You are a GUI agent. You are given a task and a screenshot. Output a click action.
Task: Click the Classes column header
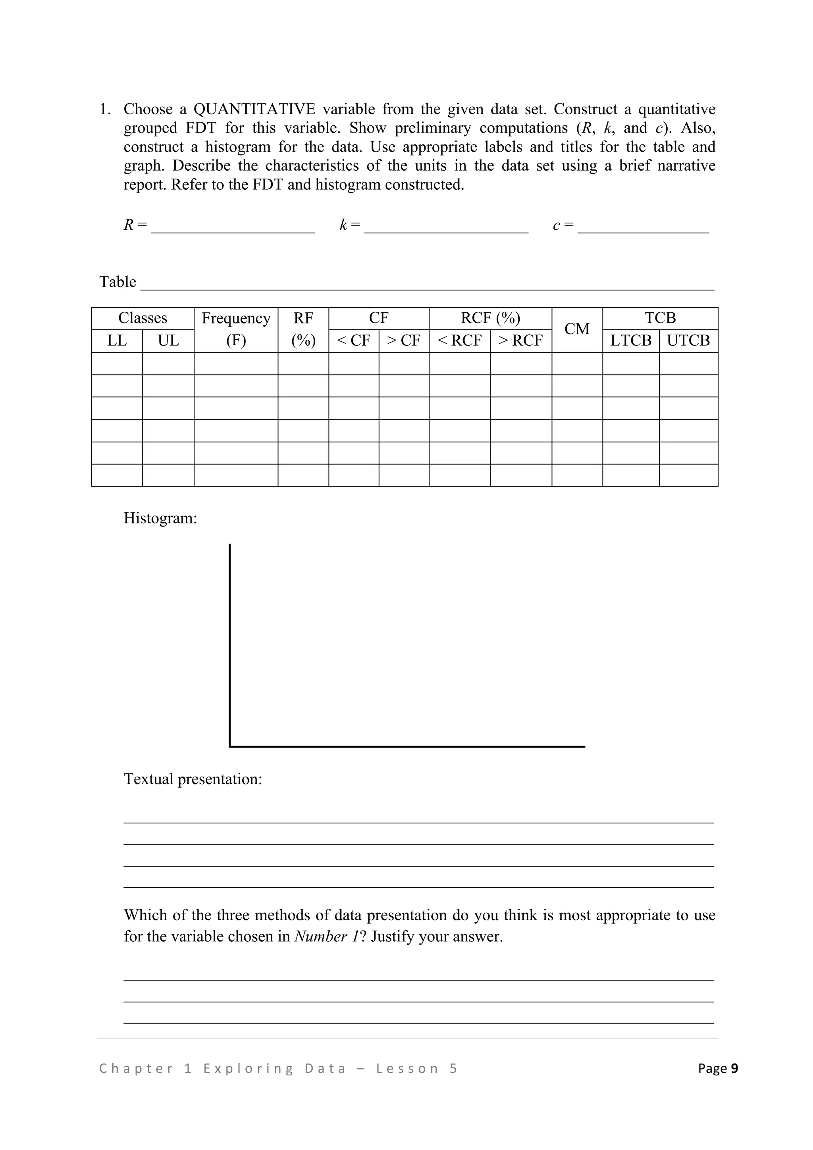[143, 318]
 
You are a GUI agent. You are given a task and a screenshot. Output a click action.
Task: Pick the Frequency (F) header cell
[236, 329]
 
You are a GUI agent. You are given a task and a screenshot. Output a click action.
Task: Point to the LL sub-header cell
[117, 340]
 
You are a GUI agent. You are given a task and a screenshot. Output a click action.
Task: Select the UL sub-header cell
[168, 340]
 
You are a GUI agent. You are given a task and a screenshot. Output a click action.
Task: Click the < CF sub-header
[354, 340]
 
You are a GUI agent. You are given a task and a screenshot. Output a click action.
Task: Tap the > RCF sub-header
[521, 340]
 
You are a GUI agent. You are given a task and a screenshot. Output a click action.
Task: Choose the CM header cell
[577, 329]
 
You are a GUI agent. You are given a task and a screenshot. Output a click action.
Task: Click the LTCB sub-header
[631, 340]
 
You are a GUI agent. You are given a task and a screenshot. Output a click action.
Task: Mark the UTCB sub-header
[688, 340]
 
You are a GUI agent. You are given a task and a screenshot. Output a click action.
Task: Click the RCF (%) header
[490, 318]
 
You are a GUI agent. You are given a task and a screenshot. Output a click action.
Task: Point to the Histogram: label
[160, 518]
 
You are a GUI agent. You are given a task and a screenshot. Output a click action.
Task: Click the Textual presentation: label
[193, 779]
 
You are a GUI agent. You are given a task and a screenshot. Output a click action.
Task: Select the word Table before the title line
[118, 282]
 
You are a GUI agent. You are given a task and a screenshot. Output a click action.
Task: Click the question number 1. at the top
[105, 109]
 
